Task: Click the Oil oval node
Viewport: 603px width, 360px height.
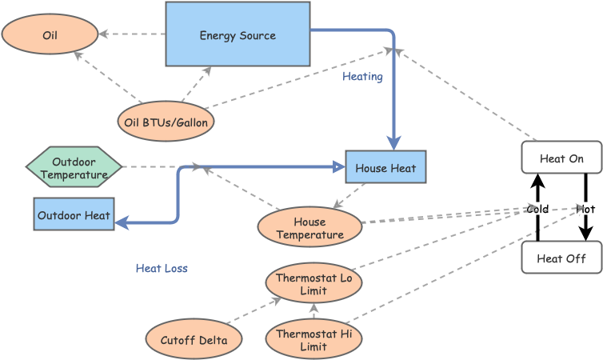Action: tap(50, 34)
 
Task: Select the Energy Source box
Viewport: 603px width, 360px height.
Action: tap(238, 34)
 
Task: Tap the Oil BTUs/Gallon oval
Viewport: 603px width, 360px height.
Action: tap(166, 122)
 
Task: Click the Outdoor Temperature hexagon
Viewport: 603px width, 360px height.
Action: tap(74, 168)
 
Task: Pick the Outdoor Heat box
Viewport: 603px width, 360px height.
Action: tap(74, 214)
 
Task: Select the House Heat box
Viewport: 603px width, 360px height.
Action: tap(385, 167)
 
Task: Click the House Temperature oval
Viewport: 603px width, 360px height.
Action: tap(309, 228)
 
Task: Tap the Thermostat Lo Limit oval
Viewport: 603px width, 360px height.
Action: tap(313, 284)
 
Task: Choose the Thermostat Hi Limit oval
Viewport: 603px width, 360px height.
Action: tap(313, 340)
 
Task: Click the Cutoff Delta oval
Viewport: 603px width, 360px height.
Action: tap(194, 340)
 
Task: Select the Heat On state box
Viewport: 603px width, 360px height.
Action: tap(561, 158)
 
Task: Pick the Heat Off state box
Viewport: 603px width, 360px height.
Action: tap(561, 258)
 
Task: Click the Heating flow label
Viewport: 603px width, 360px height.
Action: tap(362, 77)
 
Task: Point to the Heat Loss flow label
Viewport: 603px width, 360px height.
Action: tap(162, 268)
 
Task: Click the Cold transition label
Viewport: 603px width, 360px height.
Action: tap(537, 209)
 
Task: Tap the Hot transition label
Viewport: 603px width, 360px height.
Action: tap(586, 209)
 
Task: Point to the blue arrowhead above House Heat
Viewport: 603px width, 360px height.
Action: tap(393, 142)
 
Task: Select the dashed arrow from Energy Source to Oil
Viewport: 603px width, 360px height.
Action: tap(132, 34)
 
